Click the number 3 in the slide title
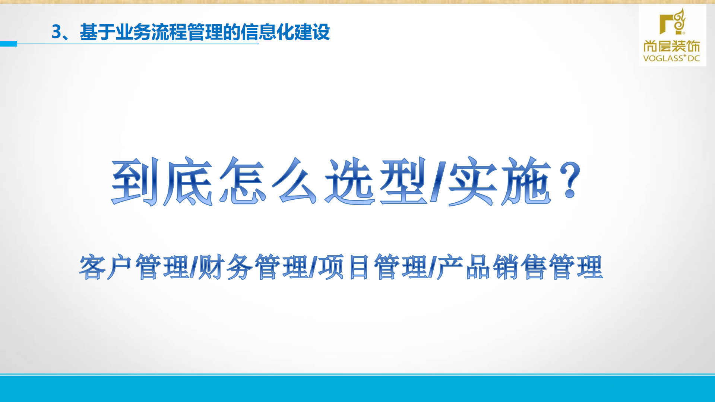pos(56,32)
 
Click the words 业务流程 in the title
pos(151,32)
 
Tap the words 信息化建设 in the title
pos(285,32)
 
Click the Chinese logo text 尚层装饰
pos(672,46)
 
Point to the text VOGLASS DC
pos(672,58)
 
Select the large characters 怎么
pos(268,181)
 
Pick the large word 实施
pos(499,181)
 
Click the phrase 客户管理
pos(134,267)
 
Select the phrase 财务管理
pos(253,267)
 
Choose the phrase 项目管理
pos(373,267)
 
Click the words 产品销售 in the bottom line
pos(492,267)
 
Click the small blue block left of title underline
pos(8,44)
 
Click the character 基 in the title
pos(88,32)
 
